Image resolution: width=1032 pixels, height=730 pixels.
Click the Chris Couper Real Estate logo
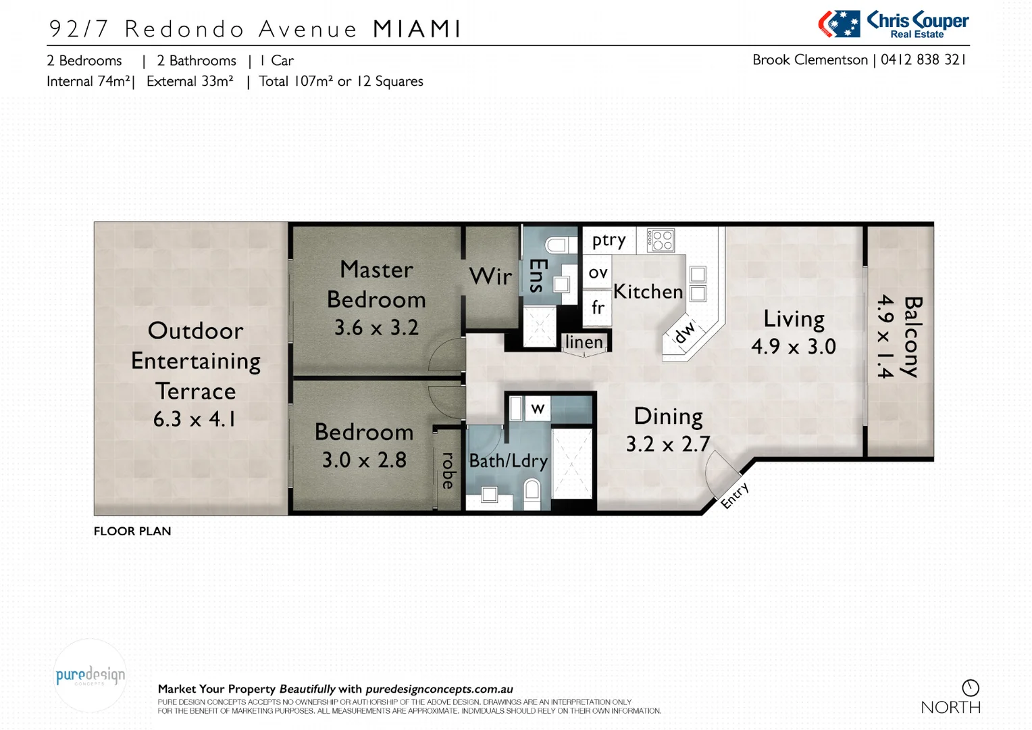click(x=893, y=24)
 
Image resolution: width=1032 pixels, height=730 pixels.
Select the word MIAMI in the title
click(x=417, y=29)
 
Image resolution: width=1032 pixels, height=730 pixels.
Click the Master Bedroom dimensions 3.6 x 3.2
click(x=376, y=328)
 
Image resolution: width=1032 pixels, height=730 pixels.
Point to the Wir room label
click(x=490, y=276)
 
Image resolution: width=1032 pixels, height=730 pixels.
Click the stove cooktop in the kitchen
click(x=661, y=240)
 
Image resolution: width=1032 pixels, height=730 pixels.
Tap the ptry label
click(x=609, y=241)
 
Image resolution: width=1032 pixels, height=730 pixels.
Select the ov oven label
click(x=598, y=273)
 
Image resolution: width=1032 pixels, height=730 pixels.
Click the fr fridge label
click(x=598, y=308)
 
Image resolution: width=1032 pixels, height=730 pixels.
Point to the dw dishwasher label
click(x=684, y=332)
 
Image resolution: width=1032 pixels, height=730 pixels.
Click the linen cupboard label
click(x=584, y=342)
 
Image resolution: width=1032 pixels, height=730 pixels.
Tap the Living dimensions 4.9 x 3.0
click(x=794, y=347)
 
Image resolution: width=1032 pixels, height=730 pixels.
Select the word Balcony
click(x=912, y=337)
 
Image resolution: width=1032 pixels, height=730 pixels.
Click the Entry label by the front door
click(x=734, y=495)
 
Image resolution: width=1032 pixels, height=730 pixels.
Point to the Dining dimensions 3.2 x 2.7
click(x=668, y=444)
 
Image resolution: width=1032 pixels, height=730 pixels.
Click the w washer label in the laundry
click(x=538, y=408)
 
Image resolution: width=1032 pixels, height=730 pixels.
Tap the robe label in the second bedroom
click(x=448, y=470)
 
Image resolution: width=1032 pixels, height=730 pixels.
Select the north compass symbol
click(x=971, y=688)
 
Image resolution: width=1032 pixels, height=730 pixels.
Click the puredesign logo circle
click(x=90, y=675)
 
